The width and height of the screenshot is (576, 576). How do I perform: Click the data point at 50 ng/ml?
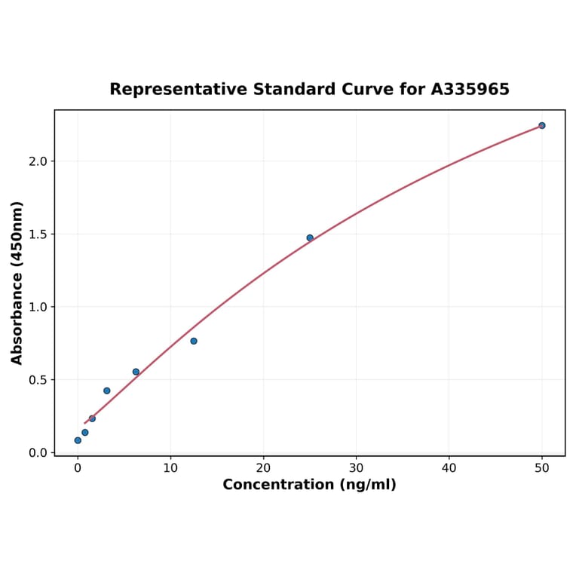(541, 125)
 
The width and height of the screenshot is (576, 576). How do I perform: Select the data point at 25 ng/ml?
(310, 237)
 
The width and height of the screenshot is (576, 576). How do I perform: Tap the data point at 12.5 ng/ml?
(194, 341)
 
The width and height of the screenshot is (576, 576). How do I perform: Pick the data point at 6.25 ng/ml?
(136, 372)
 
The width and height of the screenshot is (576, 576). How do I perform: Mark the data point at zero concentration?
(78, 440)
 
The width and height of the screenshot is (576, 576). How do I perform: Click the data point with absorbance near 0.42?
(107, 391)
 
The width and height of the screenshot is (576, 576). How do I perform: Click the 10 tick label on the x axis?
(170, 468)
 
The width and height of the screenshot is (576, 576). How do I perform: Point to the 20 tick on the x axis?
(263, 468)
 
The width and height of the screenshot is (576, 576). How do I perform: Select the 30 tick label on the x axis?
(356, 468)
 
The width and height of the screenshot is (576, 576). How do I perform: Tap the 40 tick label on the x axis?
(449, 468)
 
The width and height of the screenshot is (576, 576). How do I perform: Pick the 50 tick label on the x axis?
(542, 468)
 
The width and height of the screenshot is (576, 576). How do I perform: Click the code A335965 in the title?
(470, 90)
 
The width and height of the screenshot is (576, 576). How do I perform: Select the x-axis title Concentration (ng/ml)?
(309, 485)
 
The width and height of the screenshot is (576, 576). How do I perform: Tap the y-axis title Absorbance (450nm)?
(17, 283)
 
